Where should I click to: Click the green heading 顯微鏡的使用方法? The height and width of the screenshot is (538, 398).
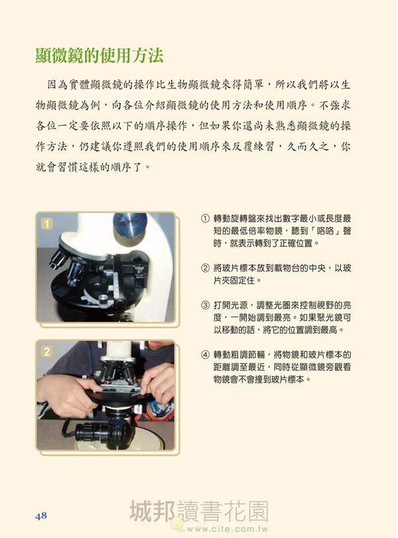click(x=99, y=56)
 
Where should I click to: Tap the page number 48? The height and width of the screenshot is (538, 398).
click(x=41, y=515)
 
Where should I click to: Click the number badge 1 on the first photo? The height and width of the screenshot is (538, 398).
click(x=46, y=224)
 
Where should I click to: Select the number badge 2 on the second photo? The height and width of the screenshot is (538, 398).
click(x=46, y=352)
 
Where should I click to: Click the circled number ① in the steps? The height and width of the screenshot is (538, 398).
click(x=205, y=218)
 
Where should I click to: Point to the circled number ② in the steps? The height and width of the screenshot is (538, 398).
click(x=205, y=268)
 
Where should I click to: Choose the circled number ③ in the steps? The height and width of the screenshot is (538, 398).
click(x=205, y=305)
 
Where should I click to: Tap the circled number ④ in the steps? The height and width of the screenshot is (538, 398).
click(x=205, y=354)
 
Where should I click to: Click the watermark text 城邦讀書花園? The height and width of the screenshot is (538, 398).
click(x=199, y=511)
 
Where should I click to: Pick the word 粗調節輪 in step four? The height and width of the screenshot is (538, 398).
click(x=247, y=354)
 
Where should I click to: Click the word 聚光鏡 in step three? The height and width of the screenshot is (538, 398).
click(x=325, y=317)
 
